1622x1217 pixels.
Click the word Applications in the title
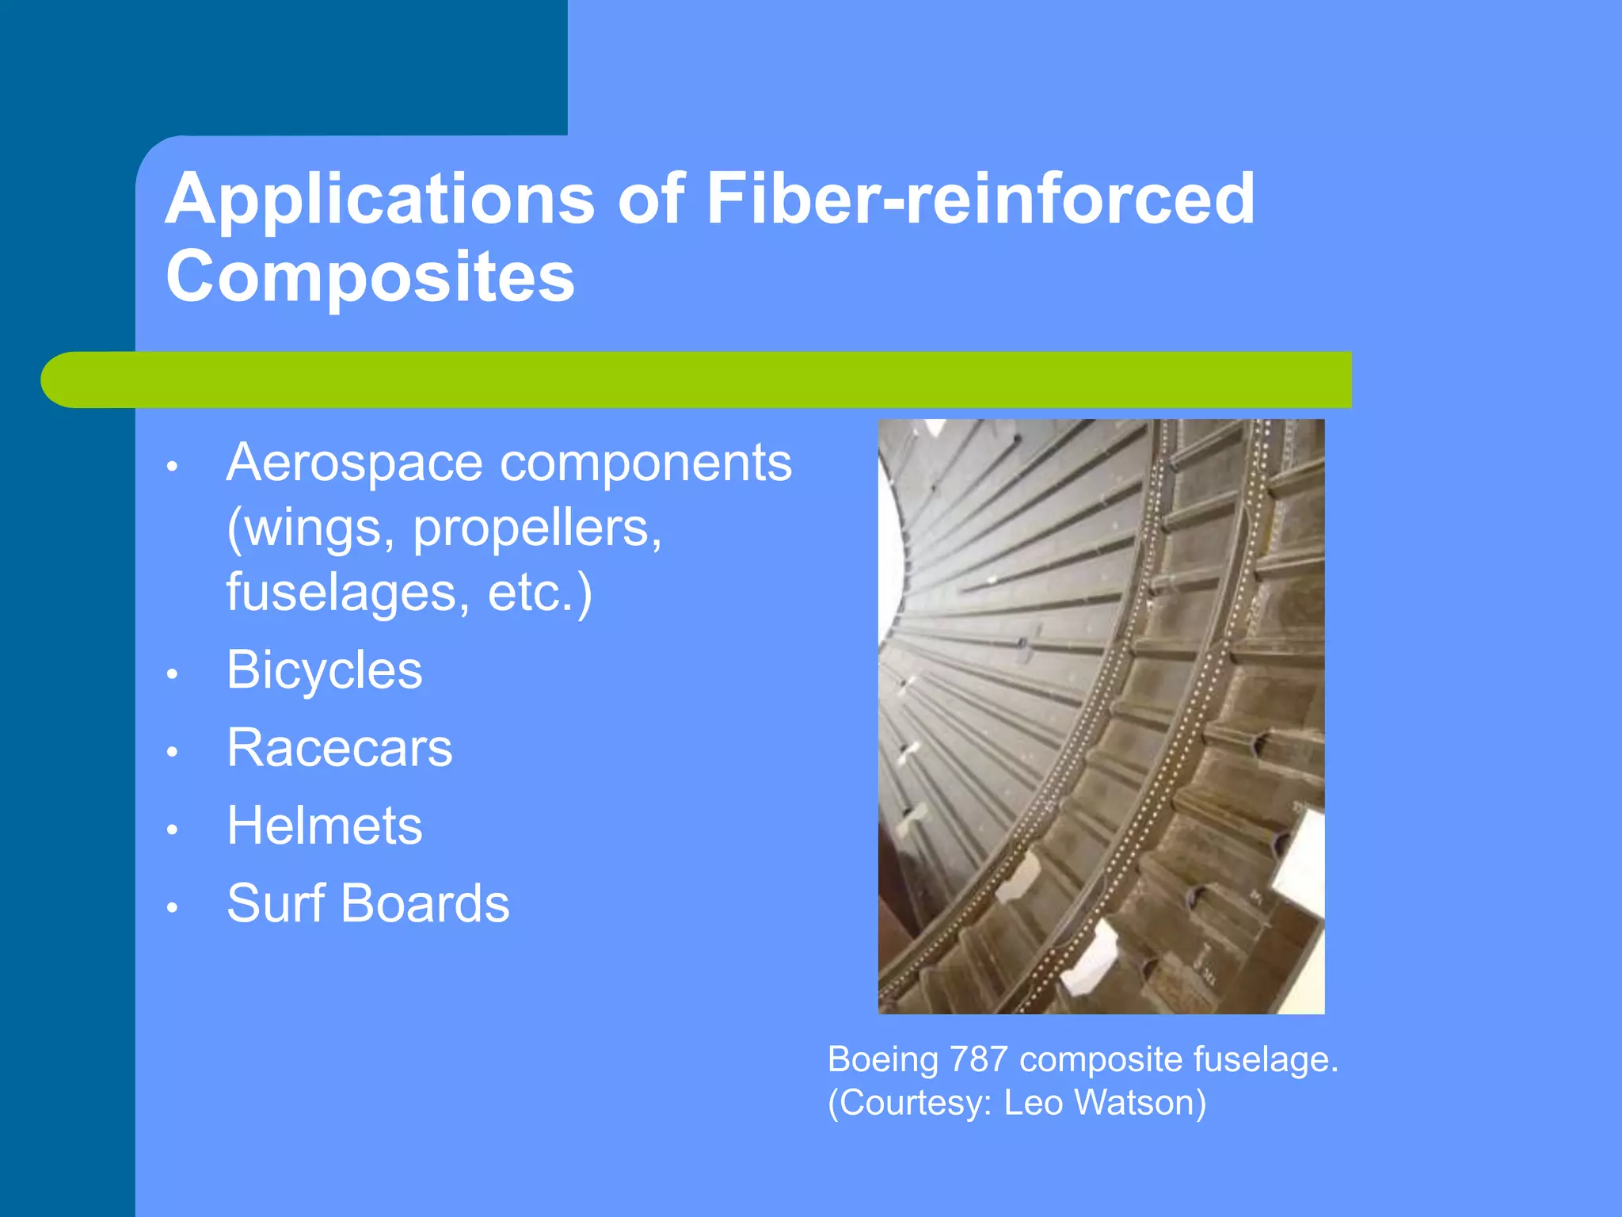[x=379, y=200]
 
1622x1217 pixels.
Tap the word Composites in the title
[x=370, y=276]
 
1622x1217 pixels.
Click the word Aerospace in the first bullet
[x=354, y=463]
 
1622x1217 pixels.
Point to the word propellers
[x=537, y=528]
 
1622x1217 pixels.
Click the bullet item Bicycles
[x=325, y=670]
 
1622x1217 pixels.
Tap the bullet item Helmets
[x=325, y=826]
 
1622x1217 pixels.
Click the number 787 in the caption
[x=978, y=1059]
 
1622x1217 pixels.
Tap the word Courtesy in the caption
[x=910, y=1103]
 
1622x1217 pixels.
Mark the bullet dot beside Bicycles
[x=172, y=674]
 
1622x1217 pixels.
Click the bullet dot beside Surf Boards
[x=172, y=907]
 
